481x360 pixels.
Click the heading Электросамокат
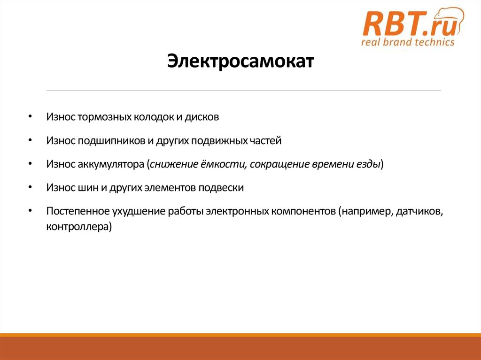click(x=240, y=61)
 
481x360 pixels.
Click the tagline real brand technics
click(x=407, y=42)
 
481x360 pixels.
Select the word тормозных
click(x=104, y=117)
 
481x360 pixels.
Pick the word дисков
click(x=201, y=117)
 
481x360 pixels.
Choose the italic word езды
click(x=370, y=164)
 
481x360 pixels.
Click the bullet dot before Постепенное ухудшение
click(x=30, y=211)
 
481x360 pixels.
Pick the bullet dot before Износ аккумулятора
click(x=30, y=164)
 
